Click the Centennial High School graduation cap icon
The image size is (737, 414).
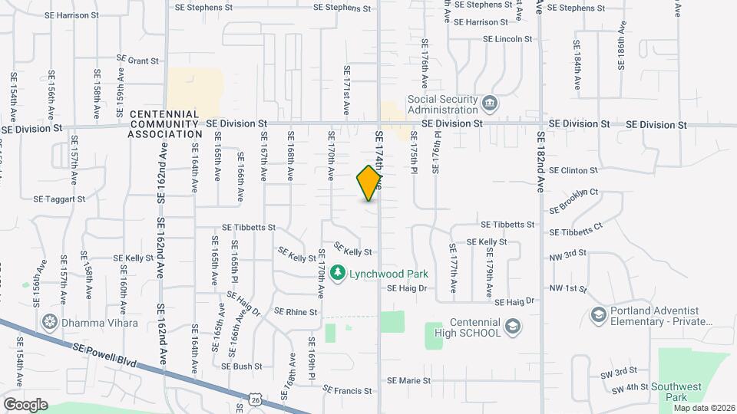[511, 328]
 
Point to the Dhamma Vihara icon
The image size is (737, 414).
[51, 323]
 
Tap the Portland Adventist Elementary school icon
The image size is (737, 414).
[598, 315]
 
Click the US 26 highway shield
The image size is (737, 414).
[254, 399]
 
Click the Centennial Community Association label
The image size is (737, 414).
[165, 124]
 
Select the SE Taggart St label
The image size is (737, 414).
[59, 199]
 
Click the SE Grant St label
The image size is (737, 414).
[137, 59]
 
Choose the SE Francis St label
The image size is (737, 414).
[347, 390]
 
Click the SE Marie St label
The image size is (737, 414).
[408, 380]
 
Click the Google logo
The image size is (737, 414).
[25, 404]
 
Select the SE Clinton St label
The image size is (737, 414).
[573, 170]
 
